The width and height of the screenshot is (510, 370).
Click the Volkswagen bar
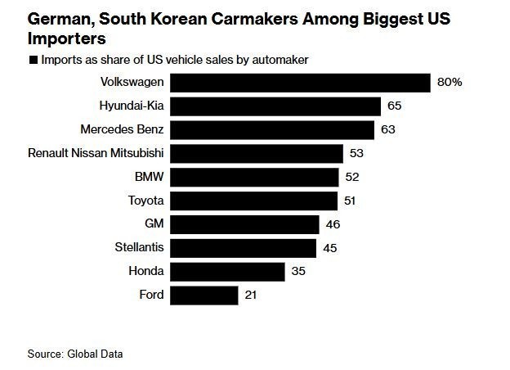(x=301, y=83)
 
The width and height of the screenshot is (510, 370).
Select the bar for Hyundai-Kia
(x=276, y=106)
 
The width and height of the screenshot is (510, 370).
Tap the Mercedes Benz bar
(x=272, y=130)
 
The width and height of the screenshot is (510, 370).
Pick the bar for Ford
(x=205, y=295)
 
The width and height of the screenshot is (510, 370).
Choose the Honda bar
(x=228, y=271)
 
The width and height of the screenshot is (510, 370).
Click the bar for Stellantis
(x=244, y=248)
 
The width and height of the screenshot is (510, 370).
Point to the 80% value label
(x=450, y=83)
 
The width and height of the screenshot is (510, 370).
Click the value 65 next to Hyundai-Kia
(x=395, y=106)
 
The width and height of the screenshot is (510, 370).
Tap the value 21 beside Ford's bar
(x=251, y=295)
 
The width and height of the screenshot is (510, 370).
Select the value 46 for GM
(x=332, y=224)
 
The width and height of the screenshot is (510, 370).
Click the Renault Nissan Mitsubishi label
(x=96, y=153)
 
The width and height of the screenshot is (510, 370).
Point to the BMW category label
(x=150, y=177)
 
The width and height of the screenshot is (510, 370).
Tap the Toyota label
(x=146, y=201)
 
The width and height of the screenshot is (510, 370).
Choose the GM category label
(x=154, y=224)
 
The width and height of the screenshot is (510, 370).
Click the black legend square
(x=32, y=60)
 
